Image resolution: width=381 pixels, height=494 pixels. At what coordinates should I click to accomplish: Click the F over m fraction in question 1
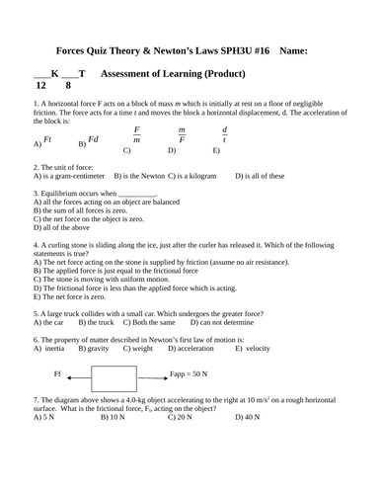tap(137, 135)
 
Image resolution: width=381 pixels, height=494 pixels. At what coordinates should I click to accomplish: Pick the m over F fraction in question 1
tap(182, 135)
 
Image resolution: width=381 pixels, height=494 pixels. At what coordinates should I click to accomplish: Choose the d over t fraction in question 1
tap(224, 135)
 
